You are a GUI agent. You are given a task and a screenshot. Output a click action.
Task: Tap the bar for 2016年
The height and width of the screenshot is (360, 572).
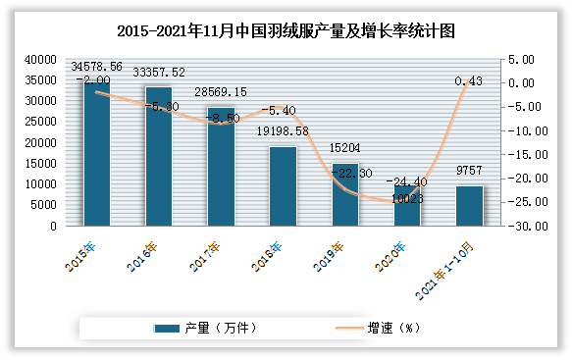pos(159,157)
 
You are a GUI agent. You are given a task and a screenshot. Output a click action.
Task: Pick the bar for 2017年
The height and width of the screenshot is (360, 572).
pos(221,167)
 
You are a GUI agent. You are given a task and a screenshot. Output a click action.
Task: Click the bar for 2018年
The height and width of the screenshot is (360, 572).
pos(283,186)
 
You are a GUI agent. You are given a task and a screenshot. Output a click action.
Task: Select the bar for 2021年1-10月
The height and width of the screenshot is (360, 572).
pos(469,205)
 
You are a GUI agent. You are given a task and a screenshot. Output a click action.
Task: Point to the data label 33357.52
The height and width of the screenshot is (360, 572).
pos(159,72)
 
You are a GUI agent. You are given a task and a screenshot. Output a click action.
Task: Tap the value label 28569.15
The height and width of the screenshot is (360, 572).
pos(221,91)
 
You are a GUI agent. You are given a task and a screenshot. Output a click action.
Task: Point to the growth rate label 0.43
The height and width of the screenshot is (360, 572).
pos(469,81)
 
